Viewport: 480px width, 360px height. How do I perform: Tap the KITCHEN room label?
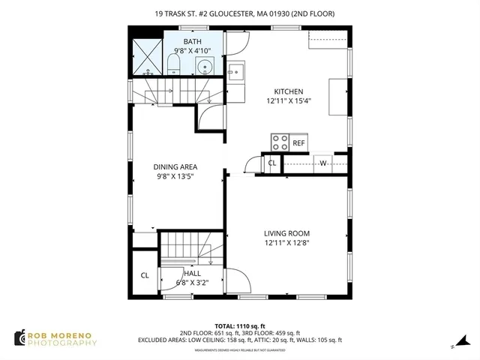(288, 91)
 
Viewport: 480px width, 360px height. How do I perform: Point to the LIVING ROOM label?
(287, 232)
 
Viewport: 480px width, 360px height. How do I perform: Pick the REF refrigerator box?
(298, 142)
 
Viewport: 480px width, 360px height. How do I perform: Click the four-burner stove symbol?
(280, 142)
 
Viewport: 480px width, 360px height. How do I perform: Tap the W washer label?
(324, 163)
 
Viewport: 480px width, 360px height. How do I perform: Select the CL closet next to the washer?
(271, 163)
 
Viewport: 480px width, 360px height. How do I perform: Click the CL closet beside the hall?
(145, 275)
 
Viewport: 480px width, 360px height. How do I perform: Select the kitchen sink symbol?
(235, 73)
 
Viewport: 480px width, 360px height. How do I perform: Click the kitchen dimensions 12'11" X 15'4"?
(288, 100)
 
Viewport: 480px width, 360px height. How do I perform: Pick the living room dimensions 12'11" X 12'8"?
(287, 242)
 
